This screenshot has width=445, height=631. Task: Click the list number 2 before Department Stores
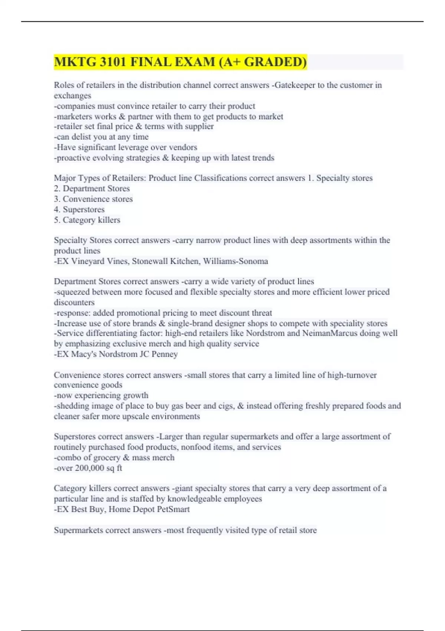point(56,189)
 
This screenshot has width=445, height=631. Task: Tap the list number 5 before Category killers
point(56,220)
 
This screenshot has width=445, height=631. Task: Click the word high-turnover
point(352,375)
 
